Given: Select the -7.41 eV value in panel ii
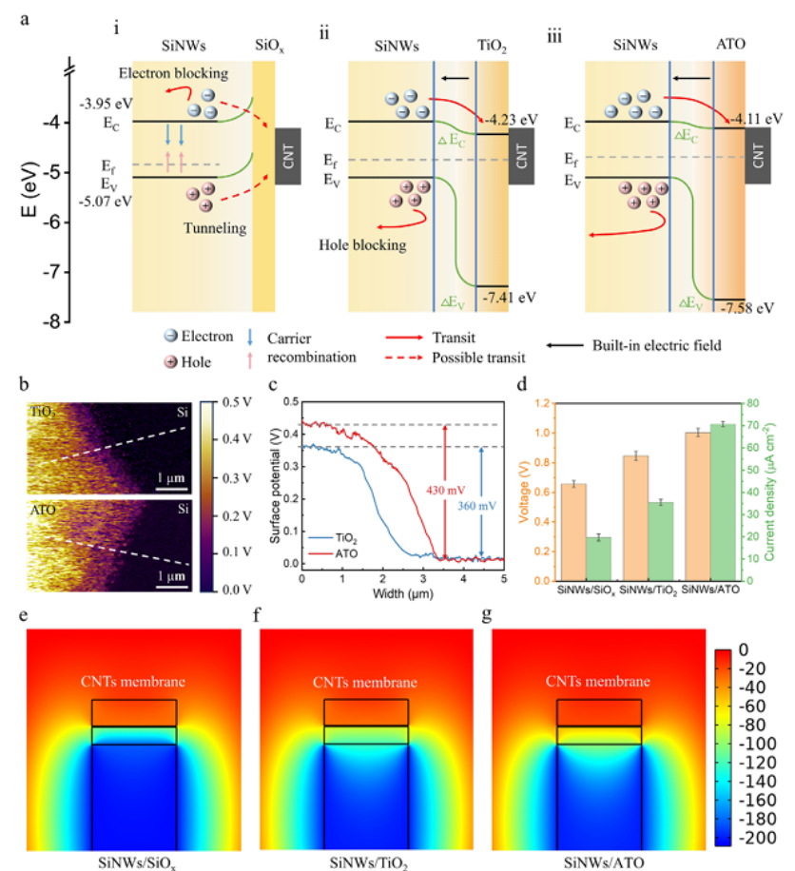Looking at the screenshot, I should tap(509, 298).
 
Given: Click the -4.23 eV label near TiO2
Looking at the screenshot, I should tap(511, 120).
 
